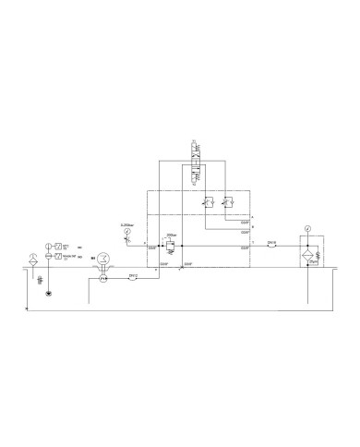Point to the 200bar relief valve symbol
pyautogui.click(x=170, y=247)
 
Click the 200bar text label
pyautogui.click(x=171, y=236)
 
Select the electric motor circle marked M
pyautogui.click(x=103, y=259)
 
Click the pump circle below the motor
pyautogui.click(x=103, y=276)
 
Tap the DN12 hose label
pyautogui.click(x=132, y=273)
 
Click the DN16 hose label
pyautogui.click(x=271, y=243)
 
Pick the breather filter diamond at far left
pyautogui.click(x=34, y=254)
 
